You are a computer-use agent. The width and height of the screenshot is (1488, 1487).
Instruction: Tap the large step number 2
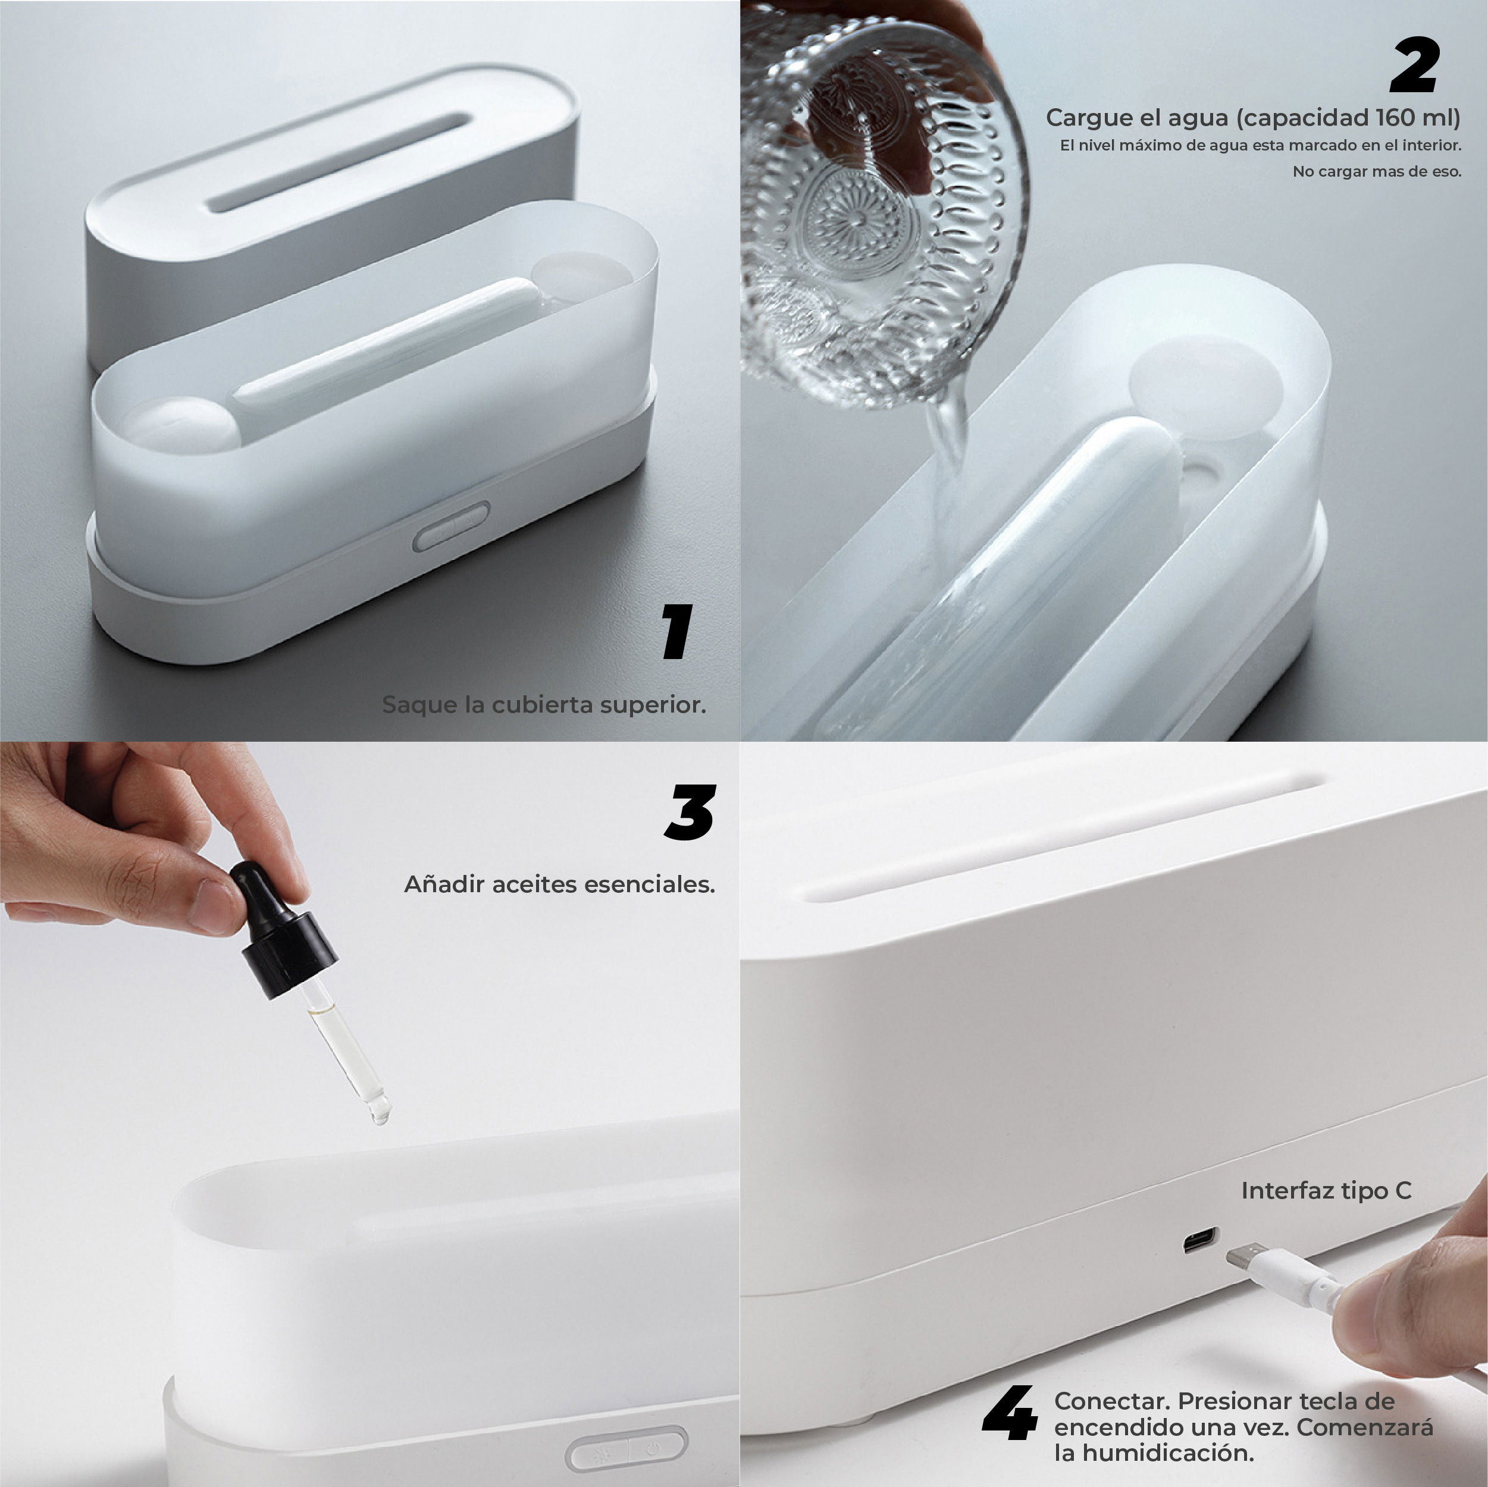click(x=1415, y=65)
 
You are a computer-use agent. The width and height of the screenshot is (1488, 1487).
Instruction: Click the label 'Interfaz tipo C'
click(x=1326, y=1191)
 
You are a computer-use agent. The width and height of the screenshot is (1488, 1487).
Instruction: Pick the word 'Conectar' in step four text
click(x=1111, y=1400)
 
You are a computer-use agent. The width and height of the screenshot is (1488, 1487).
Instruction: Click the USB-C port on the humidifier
click(x=1201, y=1240)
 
